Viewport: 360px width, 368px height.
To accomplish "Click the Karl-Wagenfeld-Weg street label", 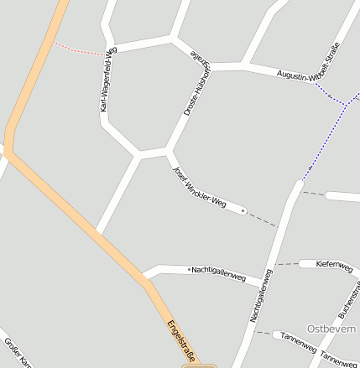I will pyautogui.click(x=108, y=80).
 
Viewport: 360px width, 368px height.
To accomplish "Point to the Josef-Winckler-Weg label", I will pyautogui.click(x=199, y=186).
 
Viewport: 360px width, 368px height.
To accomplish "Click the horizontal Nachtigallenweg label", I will pyautogui.click(x=218, y=272).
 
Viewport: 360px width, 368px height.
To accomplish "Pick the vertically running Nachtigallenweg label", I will pyautogui.click(x=261, y=295).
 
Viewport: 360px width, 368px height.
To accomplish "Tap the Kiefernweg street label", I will pyautogui.click(x=333, y=265).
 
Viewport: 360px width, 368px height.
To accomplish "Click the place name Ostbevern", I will pyautogui.click(x=331, y=328).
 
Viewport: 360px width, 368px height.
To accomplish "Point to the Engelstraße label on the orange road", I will pyautogui.click(x=180, y=341).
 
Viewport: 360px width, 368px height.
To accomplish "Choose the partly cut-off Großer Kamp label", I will pyautogui.click(x=18, y=352).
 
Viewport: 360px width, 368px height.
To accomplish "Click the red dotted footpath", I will pyautogui.click(x=81, y=49).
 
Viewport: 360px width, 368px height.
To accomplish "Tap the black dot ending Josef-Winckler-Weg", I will pyautogui.click(x=243, y=211).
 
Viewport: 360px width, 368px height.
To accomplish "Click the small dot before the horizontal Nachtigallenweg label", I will pyautogui.click(x=190, y=270).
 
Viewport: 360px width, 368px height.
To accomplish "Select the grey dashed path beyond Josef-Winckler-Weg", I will pyautogui.click(x=263, y=220).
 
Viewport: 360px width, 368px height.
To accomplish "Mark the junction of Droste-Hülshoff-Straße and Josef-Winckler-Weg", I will pyautogui.click(x=169, y=152).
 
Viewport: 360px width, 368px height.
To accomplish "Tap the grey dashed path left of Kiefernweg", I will pyautogui.click(x=288, y=265).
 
